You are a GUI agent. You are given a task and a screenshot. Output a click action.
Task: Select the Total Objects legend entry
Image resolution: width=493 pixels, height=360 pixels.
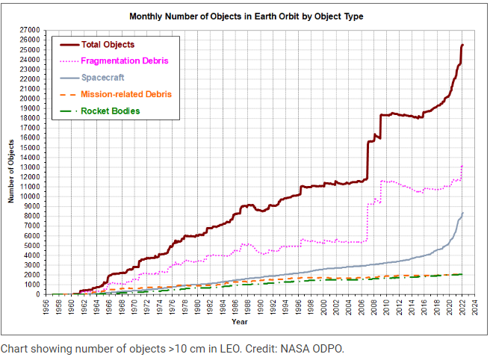(108, 44)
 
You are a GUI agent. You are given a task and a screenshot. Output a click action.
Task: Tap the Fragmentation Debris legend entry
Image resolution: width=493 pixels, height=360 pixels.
(124, 60)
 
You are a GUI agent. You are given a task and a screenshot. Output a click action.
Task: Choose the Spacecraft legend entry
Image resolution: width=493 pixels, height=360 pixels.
(102, 77)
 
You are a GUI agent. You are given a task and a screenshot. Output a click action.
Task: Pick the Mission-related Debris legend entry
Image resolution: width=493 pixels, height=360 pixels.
(126, 94)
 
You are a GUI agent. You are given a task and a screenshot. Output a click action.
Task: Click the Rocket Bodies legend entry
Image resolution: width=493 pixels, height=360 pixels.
(111, 111)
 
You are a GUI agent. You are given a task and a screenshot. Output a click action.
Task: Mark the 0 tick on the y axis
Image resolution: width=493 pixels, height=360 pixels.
(37, 294)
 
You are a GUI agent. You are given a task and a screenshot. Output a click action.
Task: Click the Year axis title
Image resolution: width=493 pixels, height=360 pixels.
(239, 322)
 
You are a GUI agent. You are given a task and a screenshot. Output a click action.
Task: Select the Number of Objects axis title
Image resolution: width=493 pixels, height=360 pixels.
(12, 173)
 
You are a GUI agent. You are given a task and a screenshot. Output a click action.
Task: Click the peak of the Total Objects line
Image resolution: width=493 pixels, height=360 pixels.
(462, 45)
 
